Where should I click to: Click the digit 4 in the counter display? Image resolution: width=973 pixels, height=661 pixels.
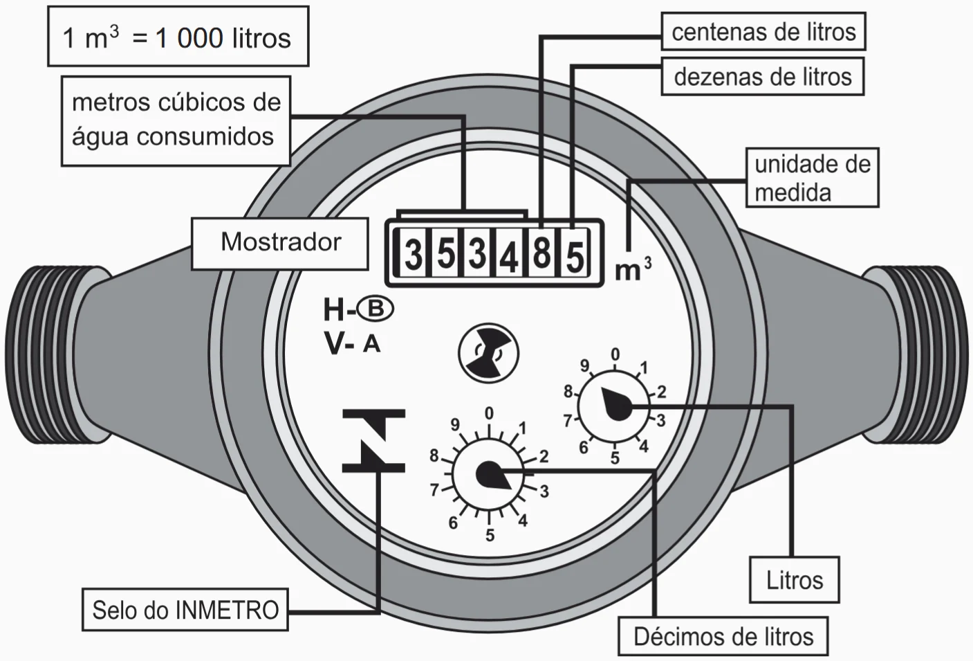pos(509,255)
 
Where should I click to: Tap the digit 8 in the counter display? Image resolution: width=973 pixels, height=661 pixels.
pos(541,253)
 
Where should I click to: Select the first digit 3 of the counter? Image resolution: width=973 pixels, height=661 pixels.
pos(413,254)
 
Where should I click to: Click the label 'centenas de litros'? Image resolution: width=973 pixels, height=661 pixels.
pos(763,31)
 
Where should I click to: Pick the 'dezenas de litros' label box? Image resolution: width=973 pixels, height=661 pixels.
pos(762,76)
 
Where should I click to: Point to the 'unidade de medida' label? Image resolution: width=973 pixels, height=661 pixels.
pos(812,178)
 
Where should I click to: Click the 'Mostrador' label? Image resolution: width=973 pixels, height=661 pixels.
pos(280,242)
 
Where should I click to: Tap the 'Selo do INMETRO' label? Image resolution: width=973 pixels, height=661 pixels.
pos(185,610)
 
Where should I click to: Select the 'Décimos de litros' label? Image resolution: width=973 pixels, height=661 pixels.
pos(723,636)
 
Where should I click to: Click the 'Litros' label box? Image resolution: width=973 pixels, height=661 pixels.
pos(794,580)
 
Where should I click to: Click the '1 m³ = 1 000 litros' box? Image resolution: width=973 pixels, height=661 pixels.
pos(178,37)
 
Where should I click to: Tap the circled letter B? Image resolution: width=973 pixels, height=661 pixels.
pos(376,309)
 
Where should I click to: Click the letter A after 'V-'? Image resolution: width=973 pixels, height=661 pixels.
pos(372,343)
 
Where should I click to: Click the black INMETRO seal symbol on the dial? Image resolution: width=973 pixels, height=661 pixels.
pos(373,440)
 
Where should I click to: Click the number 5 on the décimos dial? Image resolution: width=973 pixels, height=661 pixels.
pos(490,535)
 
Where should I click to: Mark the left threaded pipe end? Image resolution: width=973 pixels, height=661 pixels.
pos(46,354)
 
